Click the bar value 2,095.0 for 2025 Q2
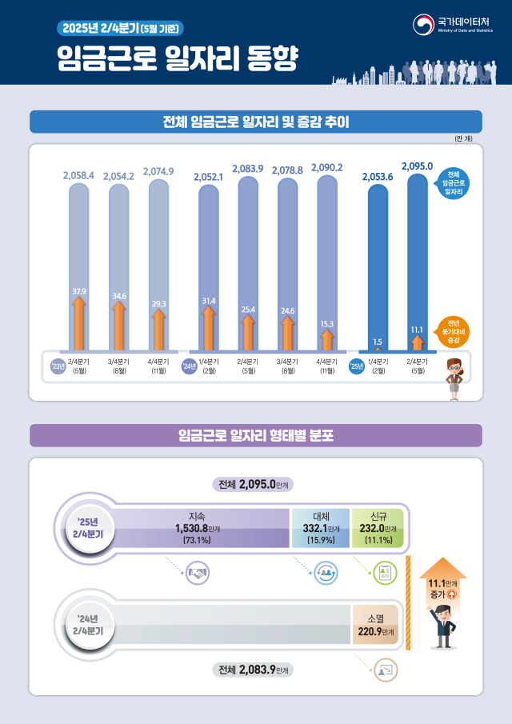tap(417, 165)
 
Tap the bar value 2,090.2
tap(326, 167)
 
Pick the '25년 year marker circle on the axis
tap(357, 367)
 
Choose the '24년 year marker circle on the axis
tap(188, 367)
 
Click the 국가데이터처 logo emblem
tap(424, 25)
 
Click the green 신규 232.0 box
tap(377, 528)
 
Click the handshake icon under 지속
tap(196, 573)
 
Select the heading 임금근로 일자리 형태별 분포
tap(256, 436)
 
